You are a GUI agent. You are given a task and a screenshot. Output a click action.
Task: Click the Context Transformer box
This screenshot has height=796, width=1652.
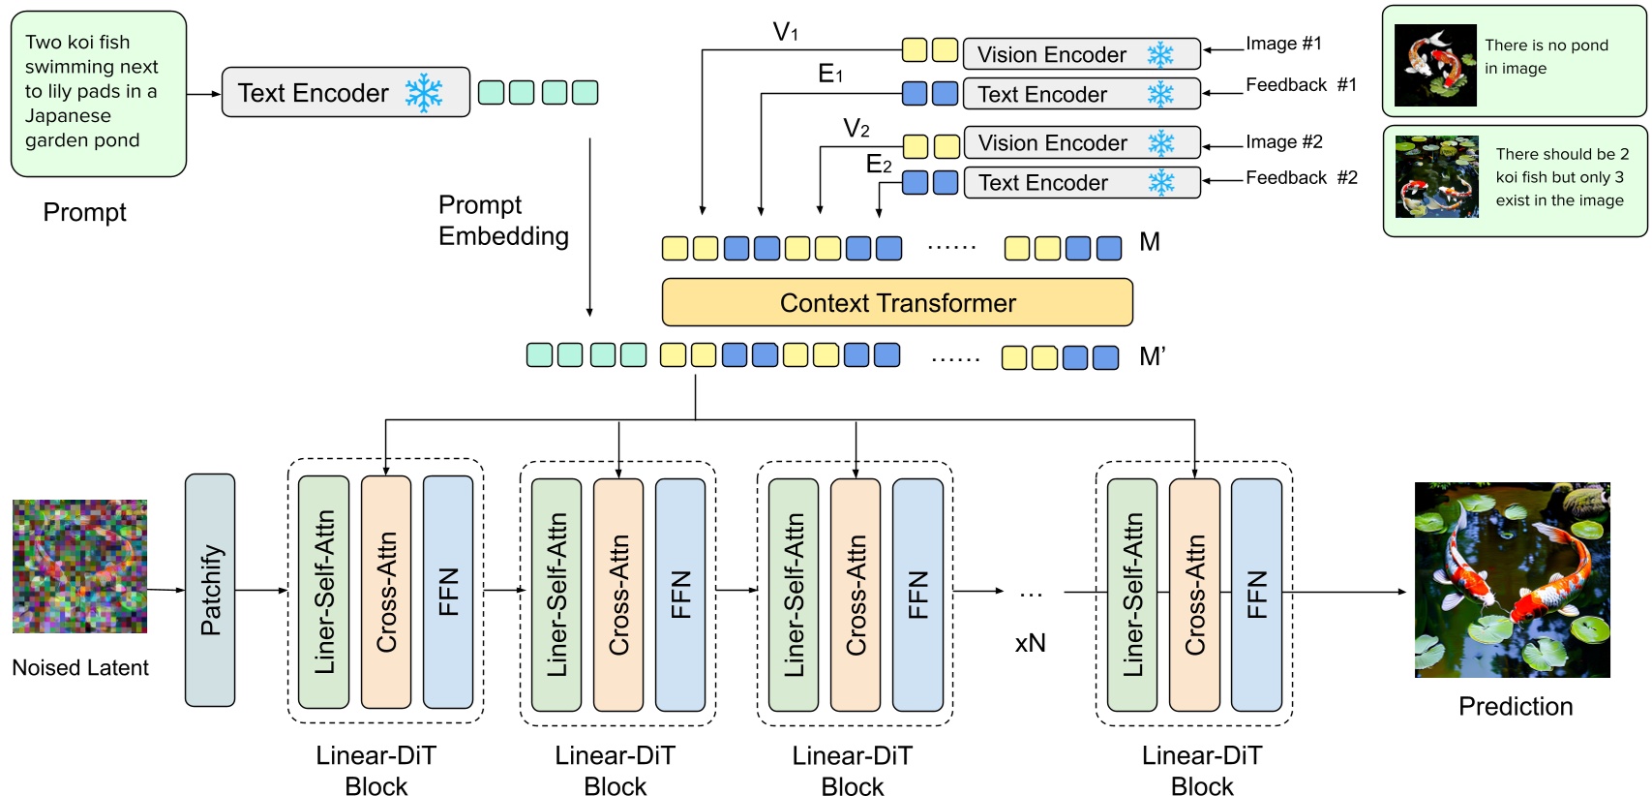pos(896,303)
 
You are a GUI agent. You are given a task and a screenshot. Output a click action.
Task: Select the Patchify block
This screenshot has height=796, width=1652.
pos(210,590)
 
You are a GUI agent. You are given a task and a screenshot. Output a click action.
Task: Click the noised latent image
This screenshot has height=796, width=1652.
pos(80,566)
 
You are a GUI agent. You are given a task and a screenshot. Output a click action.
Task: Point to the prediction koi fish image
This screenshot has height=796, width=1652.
pos(1512,580)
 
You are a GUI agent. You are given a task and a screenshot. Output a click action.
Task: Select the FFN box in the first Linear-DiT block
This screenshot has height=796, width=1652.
pos(448,592)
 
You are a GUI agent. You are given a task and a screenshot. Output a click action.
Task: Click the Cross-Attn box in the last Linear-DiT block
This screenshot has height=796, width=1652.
pos(1194,595)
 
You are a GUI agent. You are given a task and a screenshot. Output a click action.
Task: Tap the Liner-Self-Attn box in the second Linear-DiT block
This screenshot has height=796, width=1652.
pos(556,595)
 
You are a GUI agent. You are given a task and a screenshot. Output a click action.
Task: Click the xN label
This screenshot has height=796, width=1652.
pos(1030,643)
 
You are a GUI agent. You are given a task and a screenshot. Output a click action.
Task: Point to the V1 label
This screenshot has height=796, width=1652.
pos(785,33)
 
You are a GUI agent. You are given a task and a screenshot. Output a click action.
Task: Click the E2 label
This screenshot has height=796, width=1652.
pos(878,165)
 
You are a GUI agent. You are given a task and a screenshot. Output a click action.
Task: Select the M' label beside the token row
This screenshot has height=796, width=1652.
pos(1152,357)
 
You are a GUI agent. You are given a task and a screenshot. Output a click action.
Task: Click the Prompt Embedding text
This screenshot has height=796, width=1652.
pos(502,221)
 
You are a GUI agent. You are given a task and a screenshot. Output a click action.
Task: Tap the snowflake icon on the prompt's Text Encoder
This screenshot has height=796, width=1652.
pos(424,93)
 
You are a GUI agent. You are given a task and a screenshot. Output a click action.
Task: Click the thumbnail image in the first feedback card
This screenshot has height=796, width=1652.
pos(1435,65)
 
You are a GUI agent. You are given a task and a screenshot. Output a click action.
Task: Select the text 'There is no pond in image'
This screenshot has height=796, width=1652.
pos(1546,57)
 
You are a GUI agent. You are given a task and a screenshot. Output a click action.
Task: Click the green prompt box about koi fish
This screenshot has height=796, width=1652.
pos(98,93)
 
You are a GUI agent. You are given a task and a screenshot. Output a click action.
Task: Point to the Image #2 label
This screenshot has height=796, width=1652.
pos(1283,142)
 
